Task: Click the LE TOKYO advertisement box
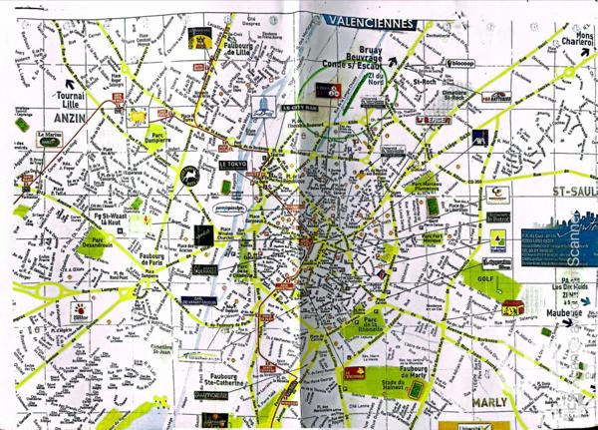[232, 162]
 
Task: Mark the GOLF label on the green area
[487, 280]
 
